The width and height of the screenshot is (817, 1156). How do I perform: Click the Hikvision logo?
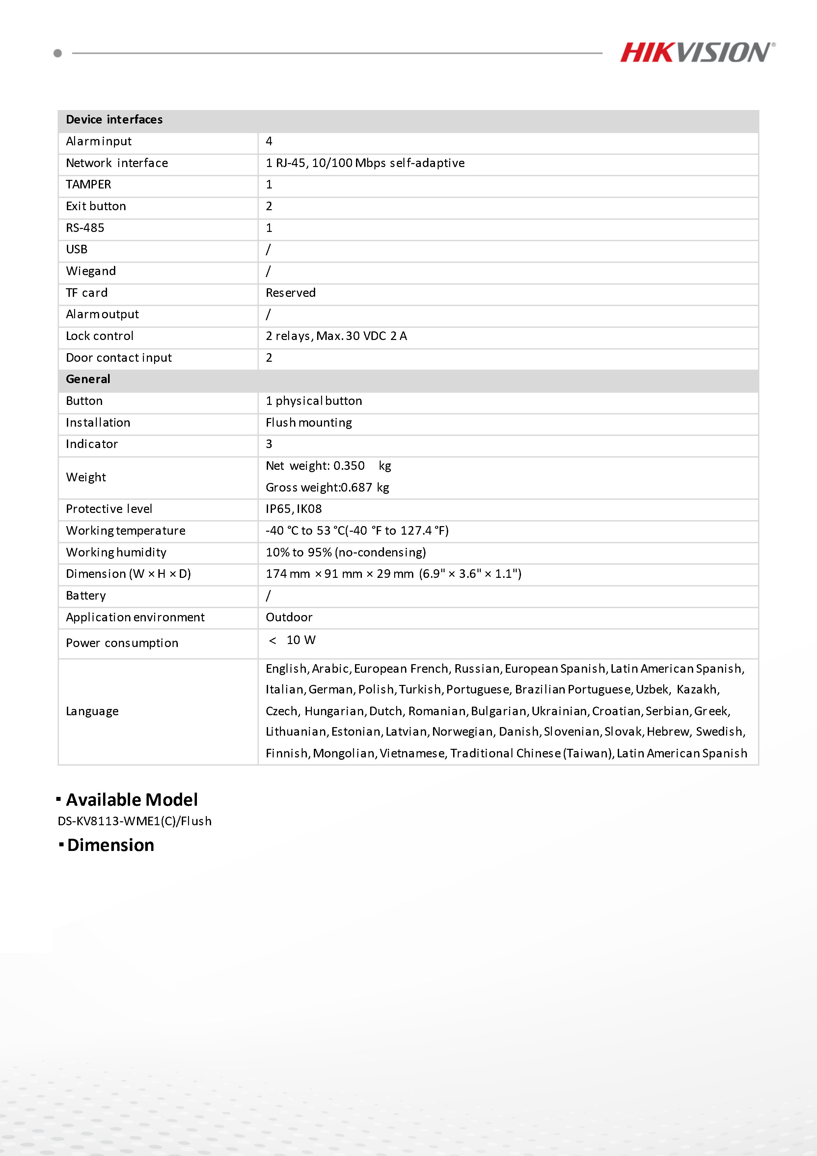[697, 52]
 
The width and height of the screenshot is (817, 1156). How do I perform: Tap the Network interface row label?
[117, 163]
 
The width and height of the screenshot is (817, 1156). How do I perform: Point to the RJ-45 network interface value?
[365, 163]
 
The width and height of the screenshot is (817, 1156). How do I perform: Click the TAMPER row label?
[89, 185]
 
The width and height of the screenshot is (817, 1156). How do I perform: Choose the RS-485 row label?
[85, 228]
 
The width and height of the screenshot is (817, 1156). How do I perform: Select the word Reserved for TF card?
[290, 293]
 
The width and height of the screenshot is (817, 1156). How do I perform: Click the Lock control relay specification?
[336, 336]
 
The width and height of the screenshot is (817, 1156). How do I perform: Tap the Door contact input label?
[119, 358]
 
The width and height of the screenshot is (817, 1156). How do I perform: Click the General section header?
[88, 379]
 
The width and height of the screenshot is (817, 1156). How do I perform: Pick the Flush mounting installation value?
[309, 423]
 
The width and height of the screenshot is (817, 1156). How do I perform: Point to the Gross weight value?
[327, 487]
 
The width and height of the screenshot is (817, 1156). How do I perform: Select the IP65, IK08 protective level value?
[293, 509]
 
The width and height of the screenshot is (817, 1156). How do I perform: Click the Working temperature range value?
[357, 531]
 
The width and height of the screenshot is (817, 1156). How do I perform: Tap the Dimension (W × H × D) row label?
[128, 574]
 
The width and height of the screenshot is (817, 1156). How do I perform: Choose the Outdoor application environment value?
[289, 617]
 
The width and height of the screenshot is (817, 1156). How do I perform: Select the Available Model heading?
[132, 800]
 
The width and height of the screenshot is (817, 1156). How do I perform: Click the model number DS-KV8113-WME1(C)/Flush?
[134, 821]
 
